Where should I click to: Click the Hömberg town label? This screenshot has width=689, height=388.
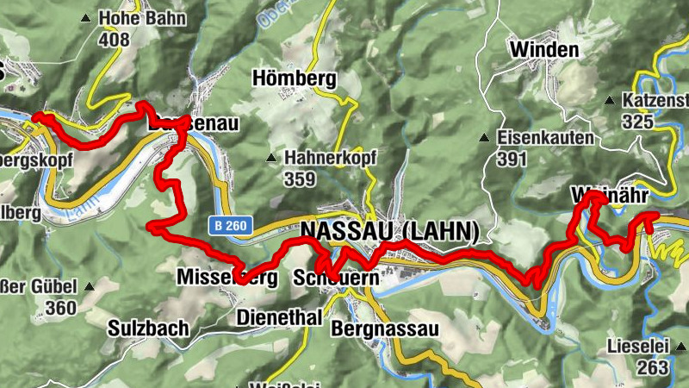(x=294, y=78)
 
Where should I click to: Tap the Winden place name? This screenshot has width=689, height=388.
(x=543, y=49)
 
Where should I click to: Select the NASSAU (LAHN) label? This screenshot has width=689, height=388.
(x=389, y=231)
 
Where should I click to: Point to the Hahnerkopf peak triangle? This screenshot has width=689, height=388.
(x=272, y=158)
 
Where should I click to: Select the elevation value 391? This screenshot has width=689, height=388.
(x=512, y=159)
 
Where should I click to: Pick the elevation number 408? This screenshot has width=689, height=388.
(x=114, y=39)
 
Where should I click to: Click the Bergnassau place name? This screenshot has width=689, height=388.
(x=385, y=329)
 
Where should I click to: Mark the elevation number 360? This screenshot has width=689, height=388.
(x=62, y=308)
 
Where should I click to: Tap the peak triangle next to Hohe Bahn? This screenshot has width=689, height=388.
(x=86, y=17)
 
